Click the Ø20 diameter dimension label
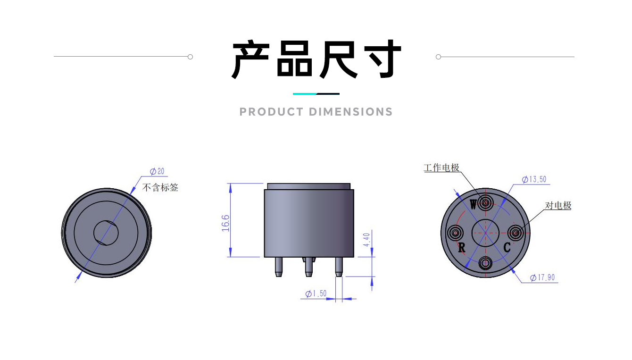point(157,171)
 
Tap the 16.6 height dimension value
point(225,223)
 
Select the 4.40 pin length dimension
point(366,240)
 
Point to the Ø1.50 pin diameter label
point(316,293)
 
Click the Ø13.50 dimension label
point(534,179)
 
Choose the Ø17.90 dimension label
point(542,277)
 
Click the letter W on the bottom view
point(473,204)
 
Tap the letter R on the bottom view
point(462,248)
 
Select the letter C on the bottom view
point(507,247)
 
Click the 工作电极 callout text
point(441,167)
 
